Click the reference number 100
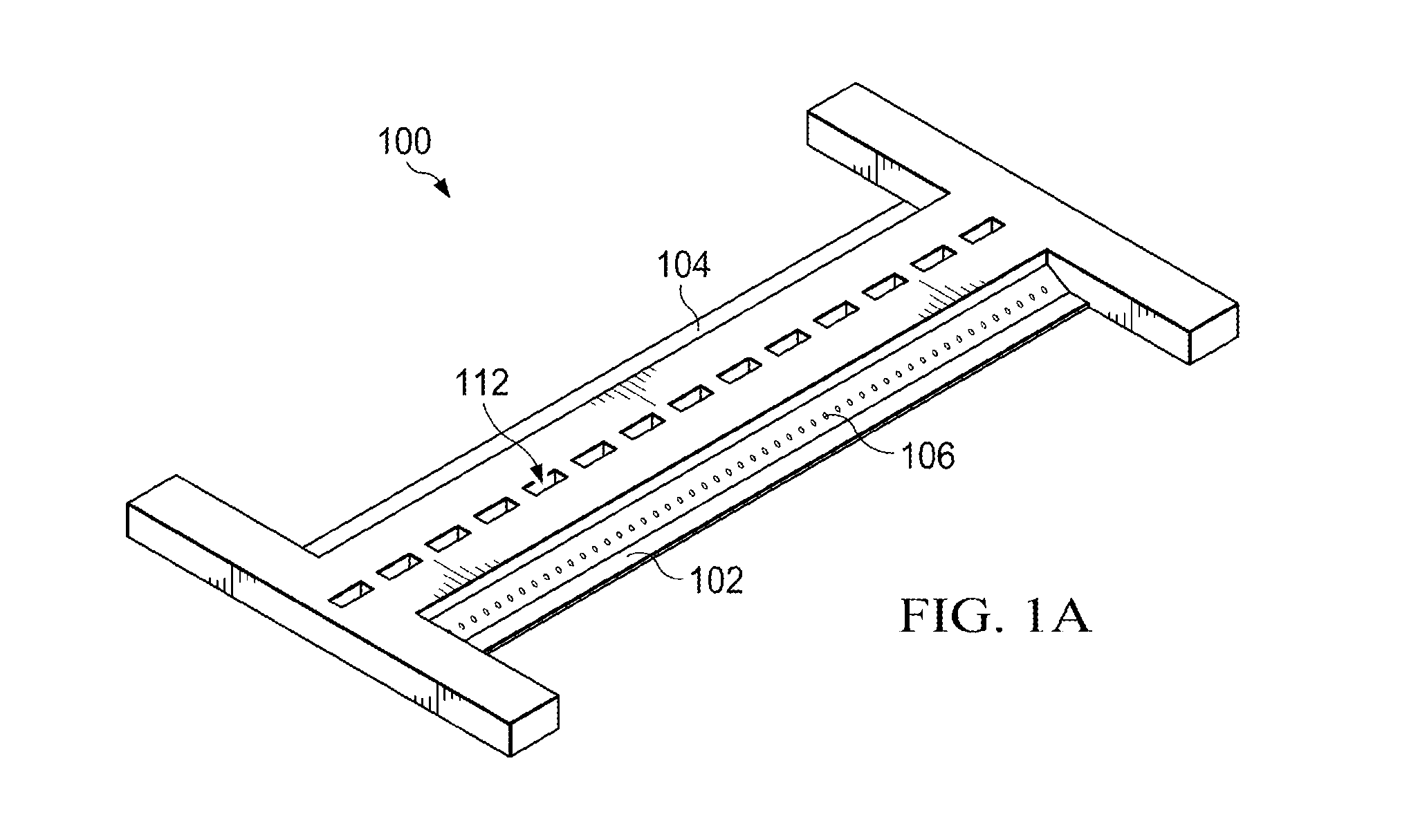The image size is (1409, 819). tap(404, 141)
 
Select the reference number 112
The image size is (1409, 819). tap(481, 382)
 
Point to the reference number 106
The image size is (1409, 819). tap(928, 455)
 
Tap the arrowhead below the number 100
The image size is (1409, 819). tap(443, 189)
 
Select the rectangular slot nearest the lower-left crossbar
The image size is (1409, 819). tap(351, 594)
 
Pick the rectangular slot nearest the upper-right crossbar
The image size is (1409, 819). tap(984, 230)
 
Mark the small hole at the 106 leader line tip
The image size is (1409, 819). tap(826, 415)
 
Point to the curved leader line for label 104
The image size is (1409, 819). tap(692, 308)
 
